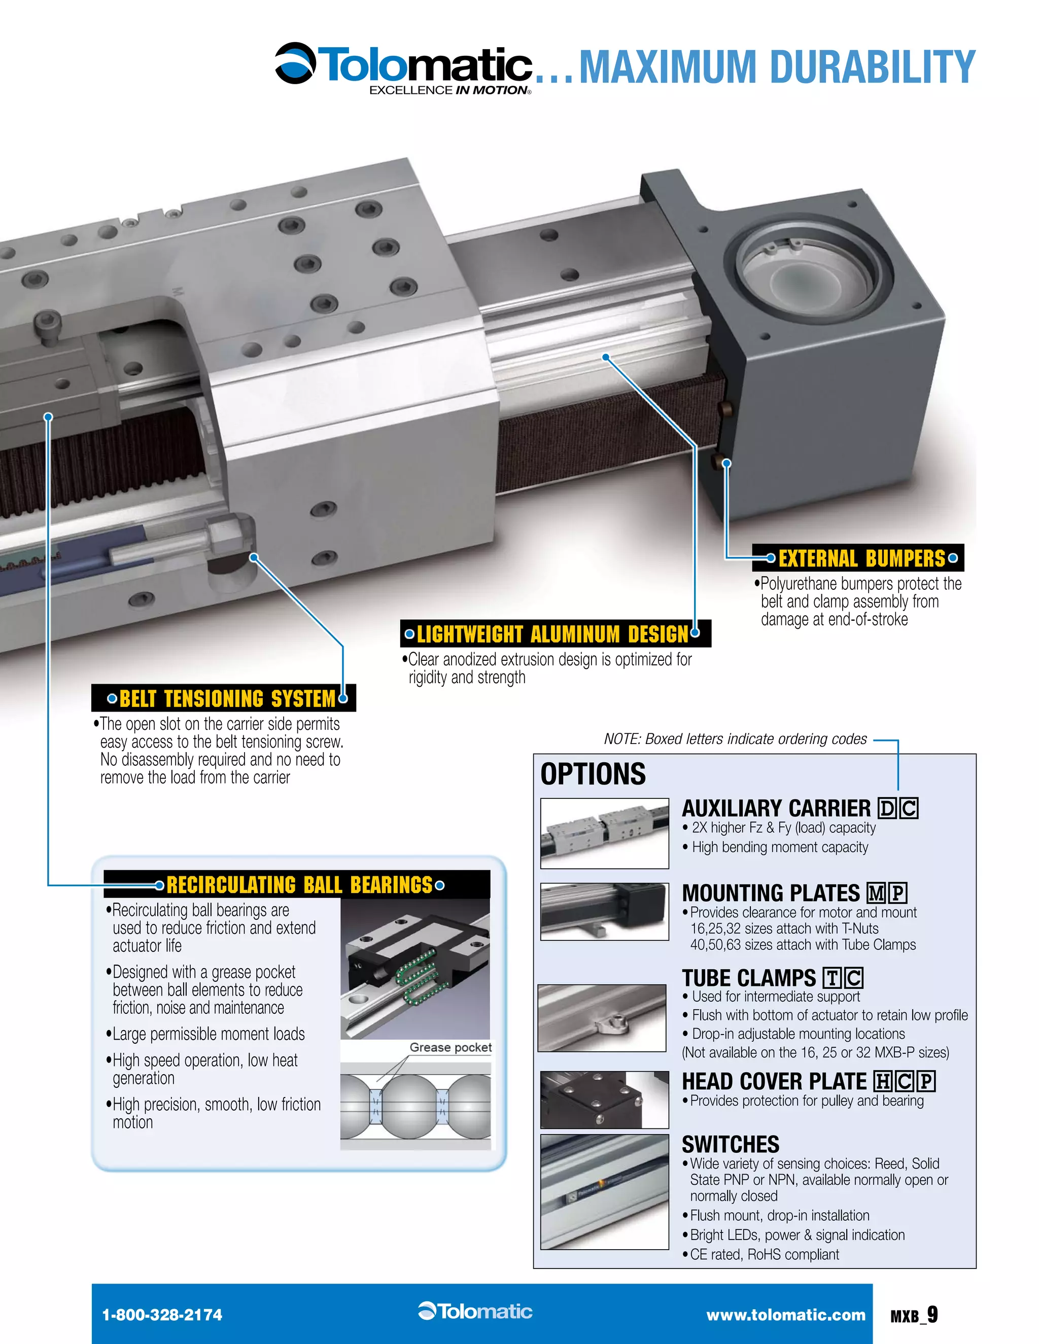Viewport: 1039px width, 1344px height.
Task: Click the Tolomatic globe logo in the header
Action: click(295, 63)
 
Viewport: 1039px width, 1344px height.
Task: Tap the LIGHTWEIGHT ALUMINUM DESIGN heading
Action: click(552, 634)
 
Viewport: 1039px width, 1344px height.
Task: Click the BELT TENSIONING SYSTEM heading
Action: click(227, 698)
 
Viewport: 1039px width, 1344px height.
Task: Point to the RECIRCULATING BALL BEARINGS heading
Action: click(299, 885)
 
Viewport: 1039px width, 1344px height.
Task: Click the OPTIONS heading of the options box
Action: click(593, 774)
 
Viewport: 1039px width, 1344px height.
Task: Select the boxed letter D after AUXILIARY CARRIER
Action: click(887, 808)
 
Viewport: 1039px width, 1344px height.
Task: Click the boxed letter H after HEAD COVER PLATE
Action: click(883, 1081)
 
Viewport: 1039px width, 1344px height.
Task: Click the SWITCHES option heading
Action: click(730, 1145)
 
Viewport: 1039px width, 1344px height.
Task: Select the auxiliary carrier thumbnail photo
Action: click(604, 833)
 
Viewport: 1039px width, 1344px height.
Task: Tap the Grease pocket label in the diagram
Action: click(451, 1047)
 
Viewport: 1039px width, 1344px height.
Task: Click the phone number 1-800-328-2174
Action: click(162, 1315)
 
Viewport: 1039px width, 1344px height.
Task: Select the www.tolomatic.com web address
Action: click(785, 1315)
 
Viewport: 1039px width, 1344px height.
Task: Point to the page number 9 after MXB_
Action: click(932, 1314)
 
